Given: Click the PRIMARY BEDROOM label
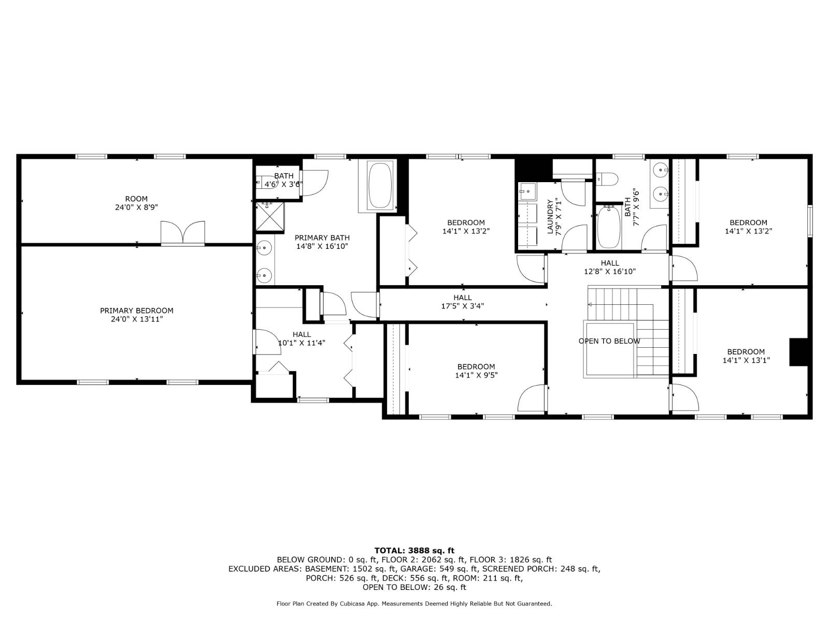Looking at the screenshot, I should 137,315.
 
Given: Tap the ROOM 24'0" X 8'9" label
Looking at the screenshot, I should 136,202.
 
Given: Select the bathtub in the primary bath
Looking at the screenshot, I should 379,186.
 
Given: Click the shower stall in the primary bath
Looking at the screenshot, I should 270,216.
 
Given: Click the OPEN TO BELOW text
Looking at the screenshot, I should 609,341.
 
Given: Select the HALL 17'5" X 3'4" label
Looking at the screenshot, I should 462,302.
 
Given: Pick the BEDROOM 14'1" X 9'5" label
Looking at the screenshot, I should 476,371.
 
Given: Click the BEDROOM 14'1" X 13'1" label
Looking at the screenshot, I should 746,356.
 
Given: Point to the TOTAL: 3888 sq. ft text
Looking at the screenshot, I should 414,551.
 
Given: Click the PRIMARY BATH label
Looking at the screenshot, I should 322,242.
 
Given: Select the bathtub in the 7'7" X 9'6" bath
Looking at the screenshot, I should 608,228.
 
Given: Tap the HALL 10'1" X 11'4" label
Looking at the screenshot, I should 302,338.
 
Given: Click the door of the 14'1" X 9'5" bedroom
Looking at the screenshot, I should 532,399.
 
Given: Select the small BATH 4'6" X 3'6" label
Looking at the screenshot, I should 283,180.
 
